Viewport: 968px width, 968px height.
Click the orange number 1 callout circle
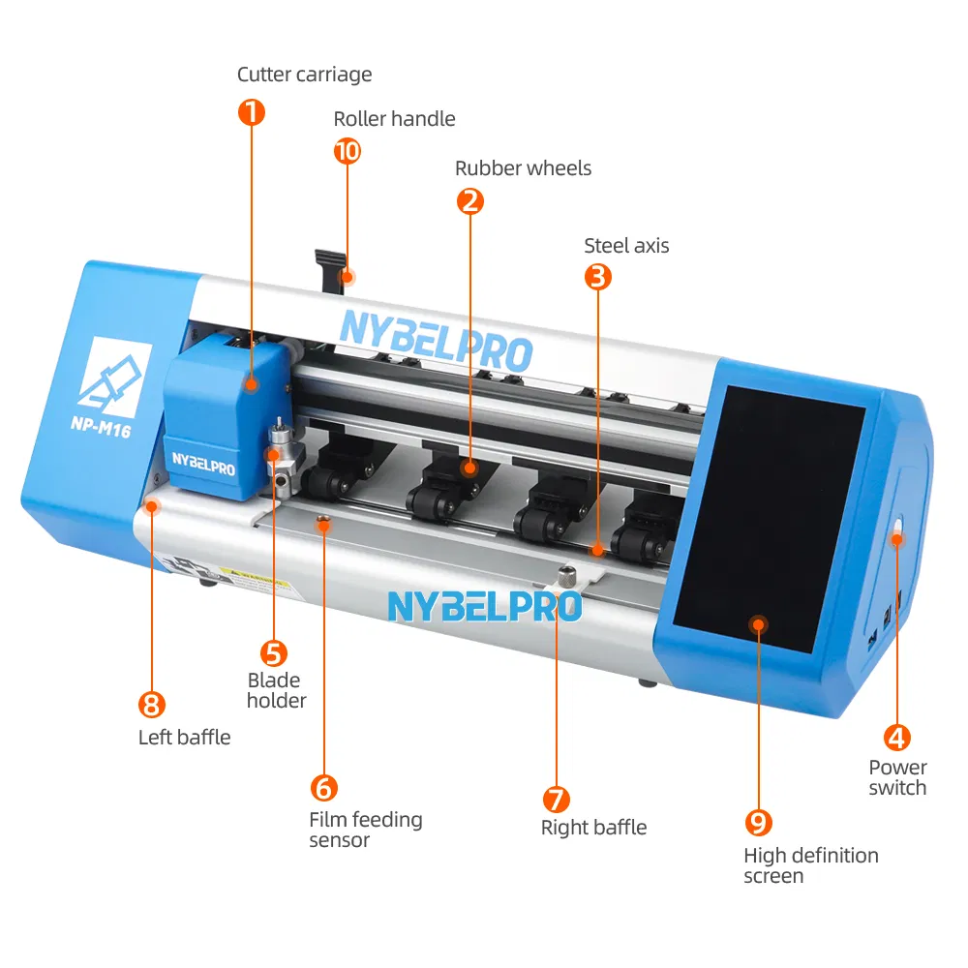pos(251,112)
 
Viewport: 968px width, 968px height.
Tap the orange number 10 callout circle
pos(347,151)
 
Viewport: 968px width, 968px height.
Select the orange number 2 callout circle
pos(469,201)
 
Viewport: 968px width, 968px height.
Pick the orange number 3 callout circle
pos(598,277)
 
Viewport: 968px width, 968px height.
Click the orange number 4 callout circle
pos(897,738)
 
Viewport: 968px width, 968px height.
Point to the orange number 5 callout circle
pos(275,653)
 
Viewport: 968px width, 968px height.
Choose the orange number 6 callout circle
pos(323,787)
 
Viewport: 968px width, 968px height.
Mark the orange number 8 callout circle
pos(153,704)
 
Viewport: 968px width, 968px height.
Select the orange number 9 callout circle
pos(758,823)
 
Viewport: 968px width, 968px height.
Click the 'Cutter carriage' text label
pos(304,75)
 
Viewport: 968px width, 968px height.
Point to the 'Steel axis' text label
pos(626,246)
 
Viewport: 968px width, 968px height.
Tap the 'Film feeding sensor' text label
pos(365,830)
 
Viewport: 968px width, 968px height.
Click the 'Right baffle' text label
pos(593,828)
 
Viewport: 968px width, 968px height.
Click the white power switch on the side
pos(897,530)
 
